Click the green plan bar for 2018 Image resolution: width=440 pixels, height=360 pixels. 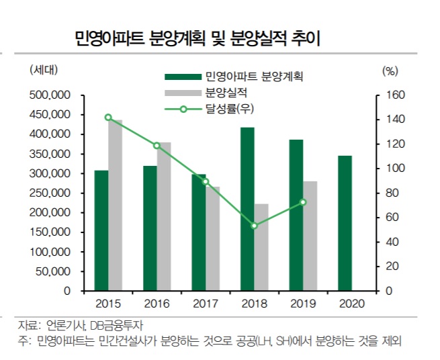pyautogui.click(x=248, y=209)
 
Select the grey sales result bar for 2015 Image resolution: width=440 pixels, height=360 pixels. pyautogui.click(x=116, y=206)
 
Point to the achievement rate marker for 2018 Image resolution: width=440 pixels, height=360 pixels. pyautogui.click(x=255, y=226)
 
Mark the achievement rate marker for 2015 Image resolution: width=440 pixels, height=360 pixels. pyautogui.click(x=108, y=118)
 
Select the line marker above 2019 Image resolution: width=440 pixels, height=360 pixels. pyautogui.click(x=303, y=202)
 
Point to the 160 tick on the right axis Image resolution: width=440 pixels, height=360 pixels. pyautogui.click(x=392, y=95)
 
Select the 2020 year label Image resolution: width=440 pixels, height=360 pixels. pyautogui.click(x=351, y=303)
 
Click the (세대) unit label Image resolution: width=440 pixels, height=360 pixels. pyautogui.click(x=44, y=69)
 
